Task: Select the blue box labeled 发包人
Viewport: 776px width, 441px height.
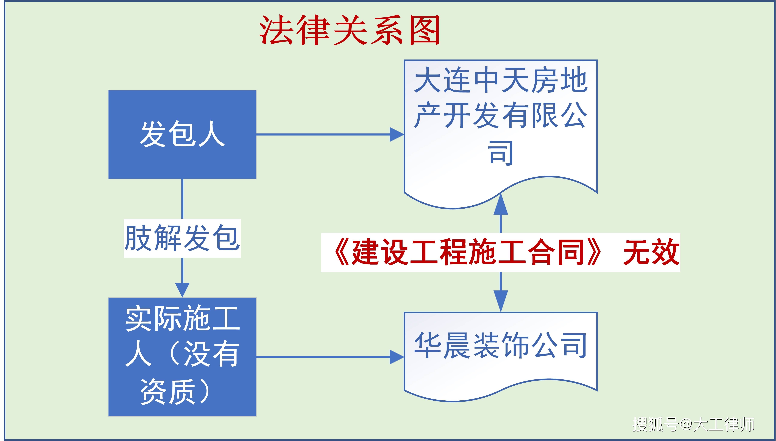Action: click(x=182, y=135)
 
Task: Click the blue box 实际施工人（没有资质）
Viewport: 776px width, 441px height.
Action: click(x=182, y=357)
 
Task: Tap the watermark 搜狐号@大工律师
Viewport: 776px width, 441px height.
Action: click(x=693, y=424)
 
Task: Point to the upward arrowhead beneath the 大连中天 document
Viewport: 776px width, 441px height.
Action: click(x=501, y=204)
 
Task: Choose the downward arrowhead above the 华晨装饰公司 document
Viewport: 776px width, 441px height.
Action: click(x=501, y=301)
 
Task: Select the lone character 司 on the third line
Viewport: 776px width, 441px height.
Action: click(x=501, y=153)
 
